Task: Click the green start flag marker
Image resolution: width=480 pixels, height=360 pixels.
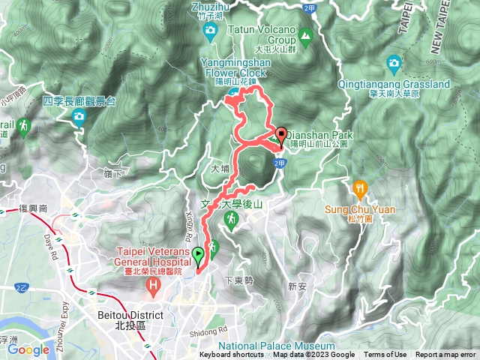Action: [x=198, y=257]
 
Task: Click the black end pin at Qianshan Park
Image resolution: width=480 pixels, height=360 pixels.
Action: [x=282, y=136]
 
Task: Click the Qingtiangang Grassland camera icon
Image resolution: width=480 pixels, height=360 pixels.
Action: [x=394, y=63]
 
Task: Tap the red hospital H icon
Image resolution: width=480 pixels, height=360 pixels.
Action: [x=154, y=286]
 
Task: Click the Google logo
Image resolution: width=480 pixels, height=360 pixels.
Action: [x=28, y=349]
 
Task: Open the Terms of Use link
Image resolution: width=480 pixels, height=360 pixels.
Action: [x=385, y=355]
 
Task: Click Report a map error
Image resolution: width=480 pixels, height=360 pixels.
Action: [x=446, y=355]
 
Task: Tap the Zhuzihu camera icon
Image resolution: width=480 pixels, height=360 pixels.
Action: [x=211, y=29]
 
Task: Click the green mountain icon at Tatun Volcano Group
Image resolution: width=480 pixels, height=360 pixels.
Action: [x=305, y=34]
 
